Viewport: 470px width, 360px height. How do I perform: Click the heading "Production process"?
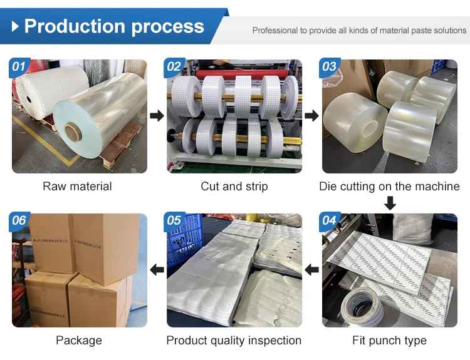tap(114, 26)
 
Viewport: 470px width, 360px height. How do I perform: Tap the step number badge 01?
tap(19, 67)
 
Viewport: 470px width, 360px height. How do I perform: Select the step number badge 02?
tap(174, 67)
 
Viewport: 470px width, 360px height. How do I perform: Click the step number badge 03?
tap(329, 67)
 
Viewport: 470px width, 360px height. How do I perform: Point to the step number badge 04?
tap(329, 220)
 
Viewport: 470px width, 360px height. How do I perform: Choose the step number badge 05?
tap(174, 220)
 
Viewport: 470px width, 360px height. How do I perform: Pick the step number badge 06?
tap(19, 220)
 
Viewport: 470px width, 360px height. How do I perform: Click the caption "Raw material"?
tap(77, 187)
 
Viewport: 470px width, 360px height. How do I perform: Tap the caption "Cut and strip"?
tap(234, 187)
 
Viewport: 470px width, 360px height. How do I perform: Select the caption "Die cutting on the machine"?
tap(389, 187)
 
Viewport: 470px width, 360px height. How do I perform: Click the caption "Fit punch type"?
tap(389, 341)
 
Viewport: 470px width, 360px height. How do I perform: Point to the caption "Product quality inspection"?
tap(234, 341)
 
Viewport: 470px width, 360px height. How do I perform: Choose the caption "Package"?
tap(78, 341)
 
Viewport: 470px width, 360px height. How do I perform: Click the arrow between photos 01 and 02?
tap(157, 116)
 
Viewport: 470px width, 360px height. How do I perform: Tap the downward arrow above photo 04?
tap(390, 203)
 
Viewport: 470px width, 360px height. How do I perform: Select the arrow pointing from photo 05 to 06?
tap(157, 270)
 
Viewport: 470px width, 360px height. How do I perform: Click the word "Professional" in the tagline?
tap(274, 30)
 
